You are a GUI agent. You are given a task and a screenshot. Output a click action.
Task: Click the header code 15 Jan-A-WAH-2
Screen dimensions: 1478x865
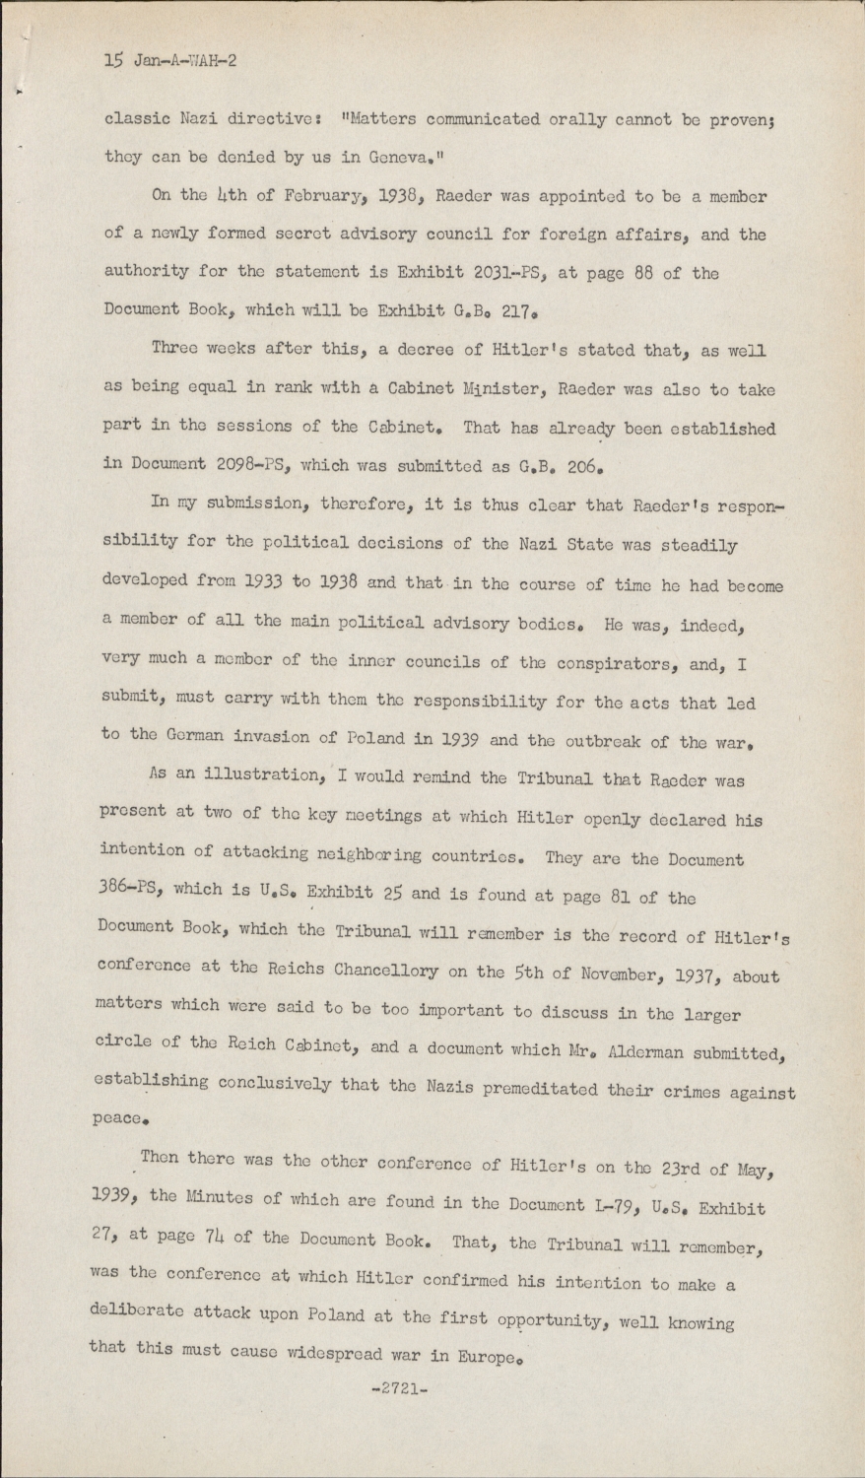(169, 60)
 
